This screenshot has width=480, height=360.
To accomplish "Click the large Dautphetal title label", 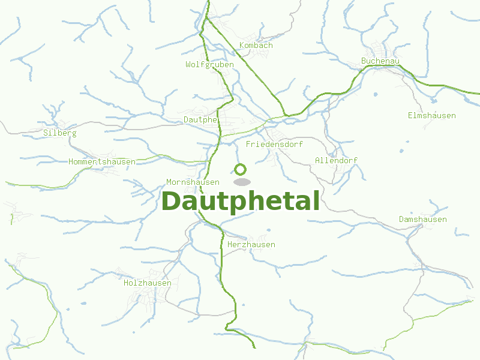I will coord(240,202).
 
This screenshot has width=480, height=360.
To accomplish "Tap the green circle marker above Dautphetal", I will coord(241,169).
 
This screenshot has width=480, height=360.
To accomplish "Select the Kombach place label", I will coord(256,45).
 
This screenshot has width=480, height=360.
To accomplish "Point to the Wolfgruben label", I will coord(209,64).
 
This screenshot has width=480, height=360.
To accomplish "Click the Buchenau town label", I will coord(380,61).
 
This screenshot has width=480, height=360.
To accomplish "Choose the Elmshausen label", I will coord(431,115).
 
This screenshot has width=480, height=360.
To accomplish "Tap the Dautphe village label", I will coord(200,119).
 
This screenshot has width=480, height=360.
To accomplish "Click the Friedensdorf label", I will coord(274,144).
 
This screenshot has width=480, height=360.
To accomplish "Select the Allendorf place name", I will coord(336,160).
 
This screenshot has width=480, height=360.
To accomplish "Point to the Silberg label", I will coord(60,133).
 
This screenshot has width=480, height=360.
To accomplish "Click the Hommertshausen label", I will coord(102,161).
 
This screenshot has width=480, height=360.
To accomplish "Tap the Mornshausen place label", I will coord(193,182).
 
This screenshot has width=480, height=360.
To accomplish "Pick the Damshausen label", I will coord(422,219).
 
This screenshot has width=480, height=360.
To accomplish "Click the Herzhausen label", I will coord(251,244).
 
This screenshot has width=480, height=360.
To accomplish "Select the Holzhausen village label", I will coord(148,283).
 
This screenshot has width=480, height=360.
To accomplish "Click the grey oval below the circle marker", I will coord(242,182).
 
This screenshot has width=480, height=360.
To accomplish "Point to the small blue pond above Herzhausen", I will coord(268,230).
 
